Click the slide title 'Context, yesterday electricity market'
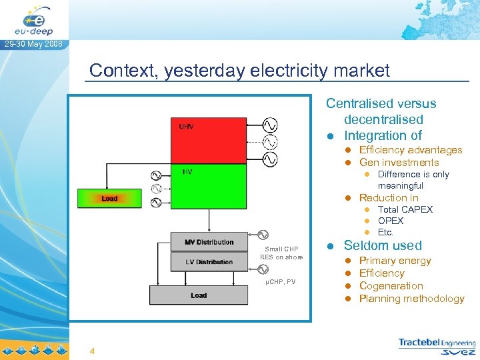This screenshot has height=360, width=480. [239, 70]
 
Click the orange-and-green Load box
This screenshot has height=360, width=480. [110, 198]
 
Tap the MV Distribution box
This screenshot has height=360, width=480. [209, 242]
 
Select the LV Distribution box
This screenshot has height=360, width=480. [209, 262]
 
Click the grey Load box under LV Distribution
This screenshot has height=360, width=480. [199, 295]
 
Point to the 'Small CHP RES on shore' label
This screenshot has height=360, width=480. [281, 253]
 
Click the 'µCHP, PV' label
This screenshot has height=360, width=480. [280, 282]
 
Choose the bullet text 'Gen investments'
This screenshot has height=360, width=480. [399, 162]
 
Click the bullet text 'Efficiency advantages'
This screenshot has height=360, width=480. [410, 150]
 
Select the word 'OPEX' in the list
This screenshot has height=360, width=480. [391, 221]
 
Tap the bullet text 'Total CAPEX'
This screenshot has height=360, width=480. [405, 209]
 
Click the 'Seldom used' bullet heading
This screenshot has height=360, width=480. [383, 245]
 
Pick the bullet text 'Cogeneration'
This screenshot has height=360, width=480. [391, 286]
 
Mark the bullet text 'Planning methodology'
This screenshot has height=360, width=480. [411, 299]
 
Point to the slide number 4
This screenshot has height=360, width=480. [92, 351]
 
